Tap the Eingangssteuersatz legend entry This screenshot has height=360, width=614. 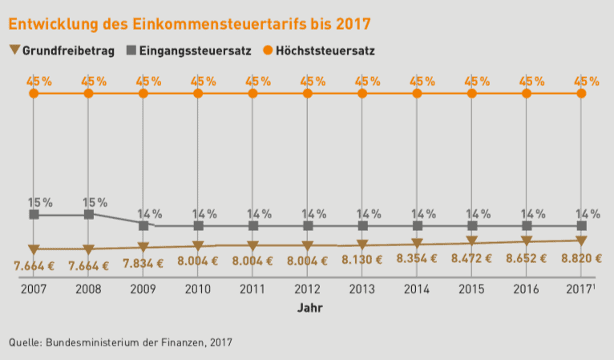[189, 51]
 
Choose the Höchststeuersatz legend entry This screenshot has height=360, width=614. [317, 51]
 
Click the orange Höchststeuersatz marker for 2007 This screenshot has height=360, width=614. [34, 94]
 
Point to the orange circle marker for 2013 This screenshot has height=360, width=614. [362, 94]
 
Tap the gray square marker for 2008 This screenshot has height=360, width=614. [88, 215]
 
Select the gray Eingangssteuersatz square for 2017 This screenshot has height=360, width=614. [581, 226]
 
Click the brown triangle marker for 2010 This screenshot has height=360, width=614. [198, 246]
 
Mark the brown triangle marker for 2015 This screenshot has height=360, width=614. [472, 241]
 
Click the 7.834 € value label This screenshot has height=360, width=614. [143, 263]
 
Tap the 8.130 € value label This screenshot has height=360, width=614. [362, 261]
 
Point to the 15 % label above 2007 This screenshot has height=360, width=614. [41, 202]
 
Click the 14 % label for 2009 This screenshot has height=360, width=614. [150, 213]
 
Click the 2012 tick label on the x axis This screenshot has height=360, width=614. [308, 289]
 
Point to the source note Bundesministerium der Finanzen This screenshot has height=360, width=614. [120, 342]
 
